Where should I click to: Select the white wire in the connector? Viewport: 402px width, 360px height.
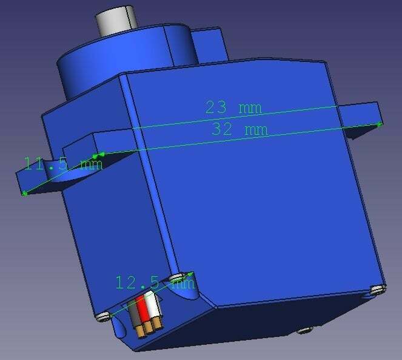coord(154,307)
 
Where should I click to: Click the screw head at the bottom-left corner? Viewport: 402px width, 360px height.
coord(102,316)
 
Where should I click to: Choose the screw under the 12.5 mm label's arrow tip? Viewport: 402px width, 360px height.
coord(186,277)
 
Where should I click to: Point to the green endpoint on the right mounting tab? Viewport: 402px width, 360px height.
coord(380,124)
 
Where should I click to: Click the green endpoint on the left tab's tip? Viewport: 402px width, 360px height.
coord(24,193)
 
